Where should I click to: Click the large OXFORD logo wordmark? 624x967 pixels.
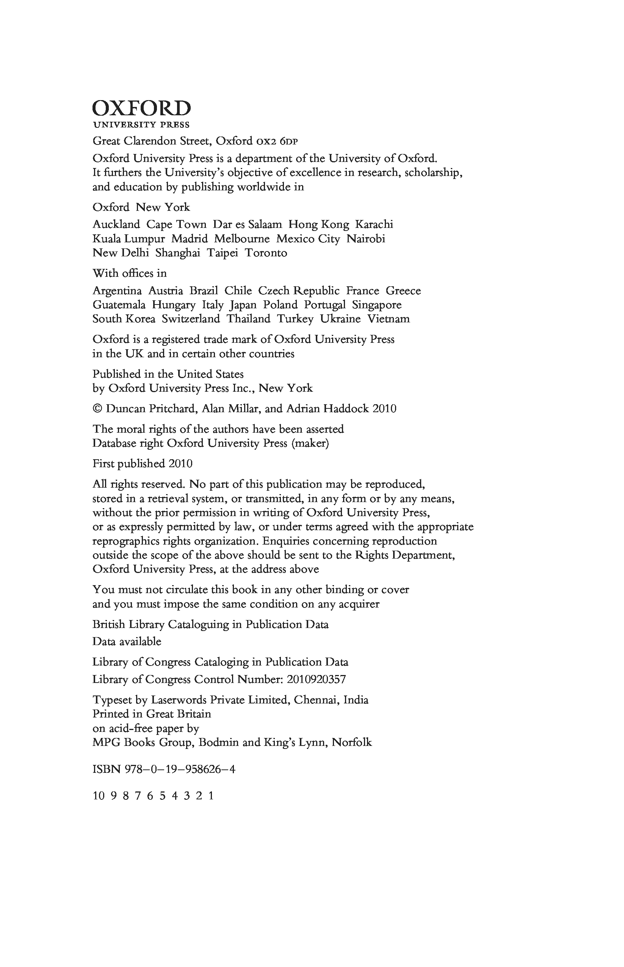(x=141, y=108)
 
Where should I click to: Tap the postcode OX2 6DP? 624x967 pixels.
(x=278, y=141)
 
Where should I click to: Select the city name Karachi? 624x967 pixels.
(x=374, y=224)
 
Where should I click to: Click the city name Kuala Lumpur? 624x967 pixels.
(x=129, y=239)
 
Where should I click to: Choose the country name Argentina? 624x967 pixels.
(x=117, y=291)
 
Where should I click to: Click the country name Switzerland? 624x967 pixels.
(x=191, y=319)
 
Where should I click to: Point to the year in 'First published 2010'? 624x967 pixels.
(x=180, y=464)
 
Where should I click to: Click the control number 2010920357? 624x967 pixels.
(x=316, y=679)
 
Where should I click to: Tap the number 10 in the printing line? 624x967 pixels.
(x=99, y=796)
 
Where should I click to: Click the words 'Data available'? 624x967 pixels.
(x=127, y=642)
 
